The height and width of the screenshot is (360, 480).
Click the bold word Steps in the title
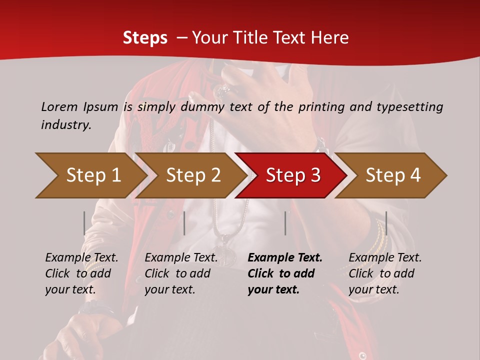(x=145, y=38)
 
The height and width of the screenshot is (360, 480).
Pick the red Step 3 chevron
(x=291, y=175)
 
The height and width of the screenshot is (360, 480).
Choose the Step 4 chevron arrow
(x=391, y=175)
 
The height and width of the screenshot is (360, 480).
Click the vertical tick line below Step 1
(x=84, y=223)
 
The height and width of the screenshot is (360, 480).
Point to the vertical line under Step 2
(x=184, y=223)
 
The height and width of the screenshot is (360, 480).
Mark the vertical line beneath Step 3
(x=285, y=223)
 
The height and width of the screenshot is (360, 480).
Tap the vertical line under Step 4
(x=386, y=223)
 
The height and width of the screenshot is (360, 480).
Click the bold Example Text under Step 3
(x=285, y=258)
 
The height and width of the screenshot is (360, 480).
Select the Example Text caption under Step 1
(x=81, y=258)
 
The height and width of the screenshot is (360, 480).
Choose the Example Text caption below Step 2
(x=181, y=258)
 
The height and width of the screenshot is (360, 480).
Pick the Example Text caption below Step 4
(x=385, y=258)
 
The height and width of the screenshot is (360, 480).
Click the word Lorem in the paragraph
(x=59, y=106)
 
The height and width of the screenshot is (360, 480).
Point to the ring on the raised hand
(x=222, y=90)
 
